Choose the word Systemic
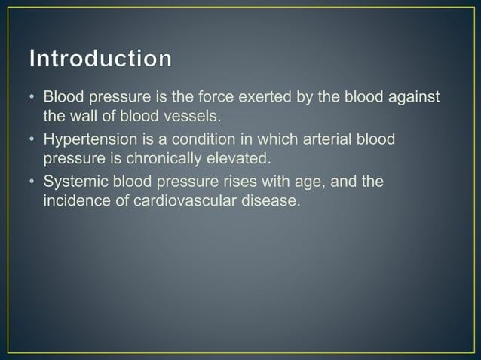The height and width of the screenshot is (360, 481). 74,182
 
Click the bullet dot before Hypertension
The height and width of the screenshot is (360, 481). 31,141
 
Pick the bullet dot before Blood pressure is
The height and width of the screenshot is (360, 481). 31,99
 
